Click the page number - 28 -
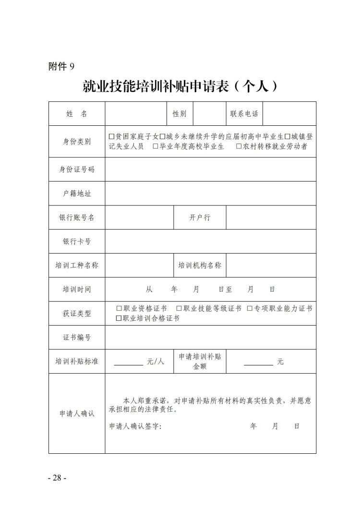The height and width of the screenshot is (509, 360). pos(57,478)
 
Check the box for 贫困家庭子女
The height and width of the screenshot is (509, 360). pos(112,137)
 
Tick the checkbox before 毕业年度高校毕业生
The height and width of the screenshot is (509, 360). pos(156,146)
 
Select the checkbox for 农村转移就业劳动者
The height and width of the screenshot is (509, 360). pos(239,146)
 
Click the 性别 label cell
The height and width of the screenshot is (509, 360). pos(180,114)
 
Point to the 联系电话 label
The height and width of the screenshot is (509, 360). pos(244,114)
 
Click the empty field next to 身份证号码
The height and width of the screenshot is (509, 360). pos(210,170)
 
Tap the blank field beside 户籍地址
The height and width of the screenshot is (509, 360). pos(210,194)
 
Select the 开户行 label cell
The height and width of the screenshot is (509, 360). pos(200,218)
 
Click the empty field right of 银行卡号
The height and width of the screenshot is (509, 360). pos(210,242)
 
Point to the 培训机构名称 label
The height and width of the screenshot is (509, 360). pos(200,266)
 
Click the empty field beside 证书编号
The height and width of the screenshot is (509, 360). pos(210,338)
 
